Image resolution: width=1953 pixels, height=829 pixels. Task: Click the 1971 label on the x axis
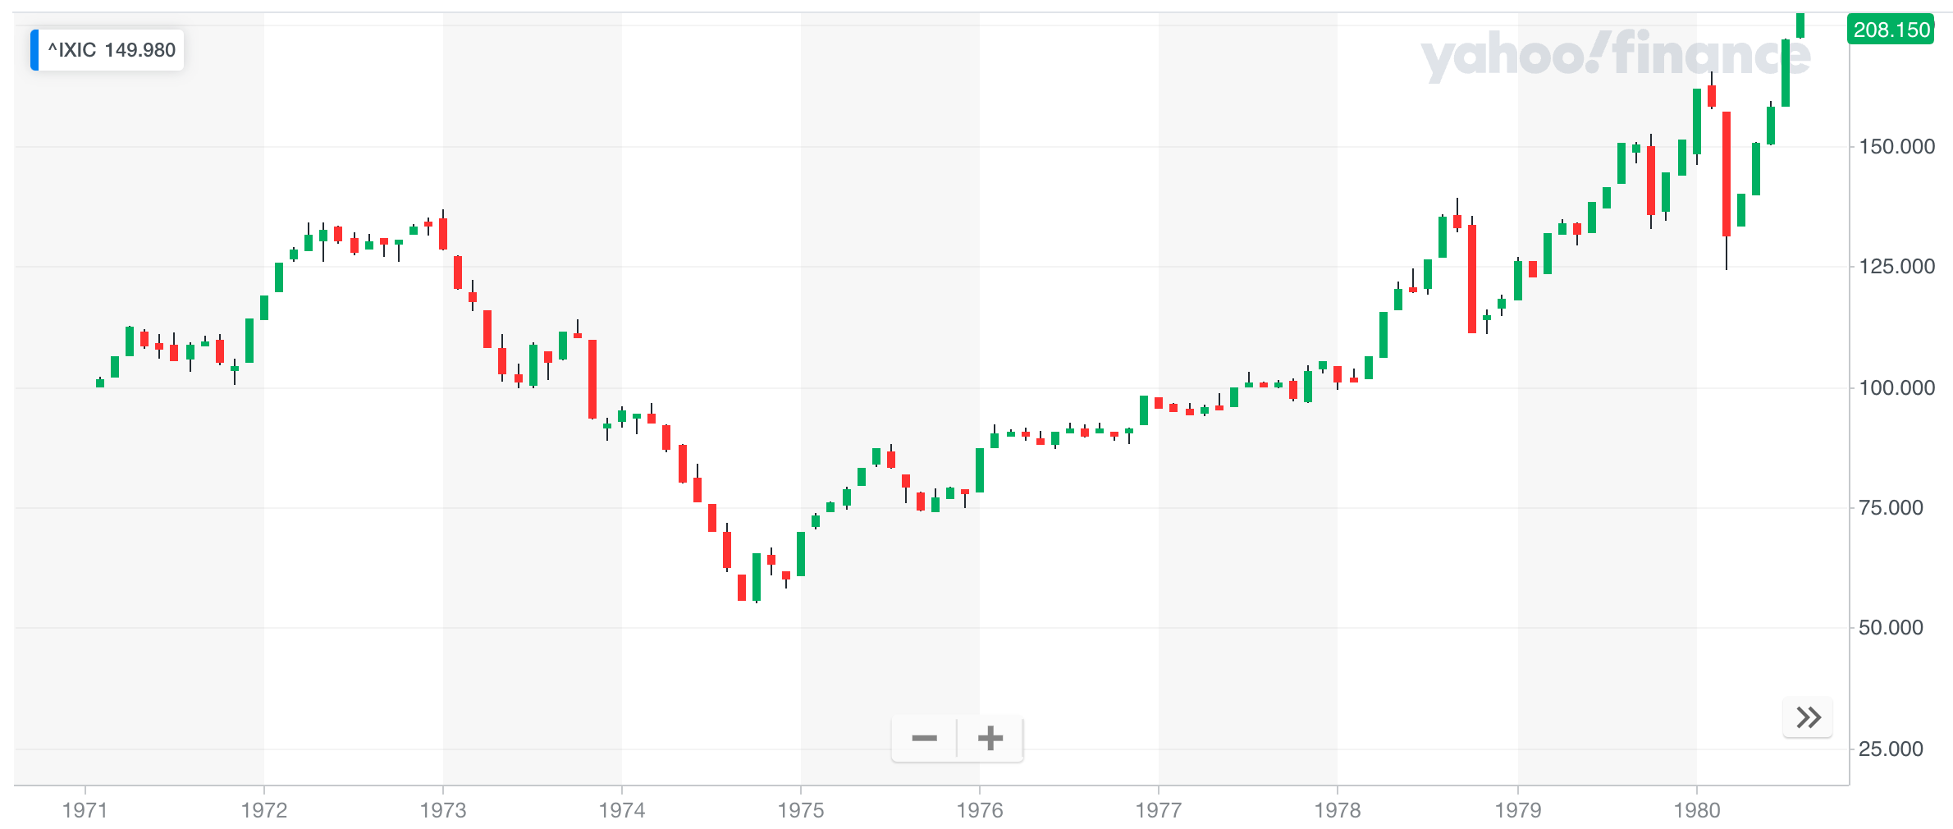(85, 810)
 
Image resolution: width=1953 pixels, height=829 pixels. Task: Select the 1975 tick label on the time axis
(800, 810)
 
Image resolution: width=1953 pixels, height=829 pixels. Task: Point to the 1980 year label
(1696, 810)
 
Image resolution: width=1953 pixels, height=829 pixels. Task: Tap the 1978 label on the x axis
(1337, 810)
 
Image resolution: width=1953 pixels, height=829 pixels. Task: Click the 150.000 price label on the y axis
(1896, 147)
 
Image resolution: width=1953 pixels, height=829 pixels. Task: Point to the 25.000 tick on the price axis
(1890, 749)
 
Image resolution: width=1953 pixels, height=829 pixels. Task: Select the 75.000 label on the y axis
(1890, 508)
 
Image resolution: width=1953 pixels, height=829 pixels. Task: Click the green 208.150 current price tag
(1891, 30)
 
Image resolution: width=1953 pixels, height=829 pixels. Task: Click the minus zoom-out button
(924, 739)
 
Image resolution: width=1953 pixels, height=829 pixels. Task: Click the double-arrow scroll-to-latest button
(1808, 718)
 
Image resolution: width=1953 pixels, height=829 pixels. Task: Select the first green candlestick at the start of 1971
(100, 382)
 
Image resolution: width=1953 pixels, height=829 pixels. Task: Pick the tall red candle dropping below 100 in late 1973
(592, 378)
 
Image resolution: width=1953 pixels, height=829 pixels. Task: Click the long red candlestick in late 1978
(1472, 278)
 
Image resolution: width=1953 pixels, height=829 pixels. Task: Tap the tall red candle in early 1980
(1727, 173)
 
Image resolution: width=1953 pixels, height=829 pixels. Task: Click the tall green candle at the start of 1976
(980, 469)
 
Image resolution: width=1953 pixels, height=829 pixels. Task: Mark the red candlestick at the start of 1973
(443, 234)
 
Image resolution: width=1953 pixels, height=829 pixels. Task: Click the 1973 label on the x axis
(443, 810)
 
